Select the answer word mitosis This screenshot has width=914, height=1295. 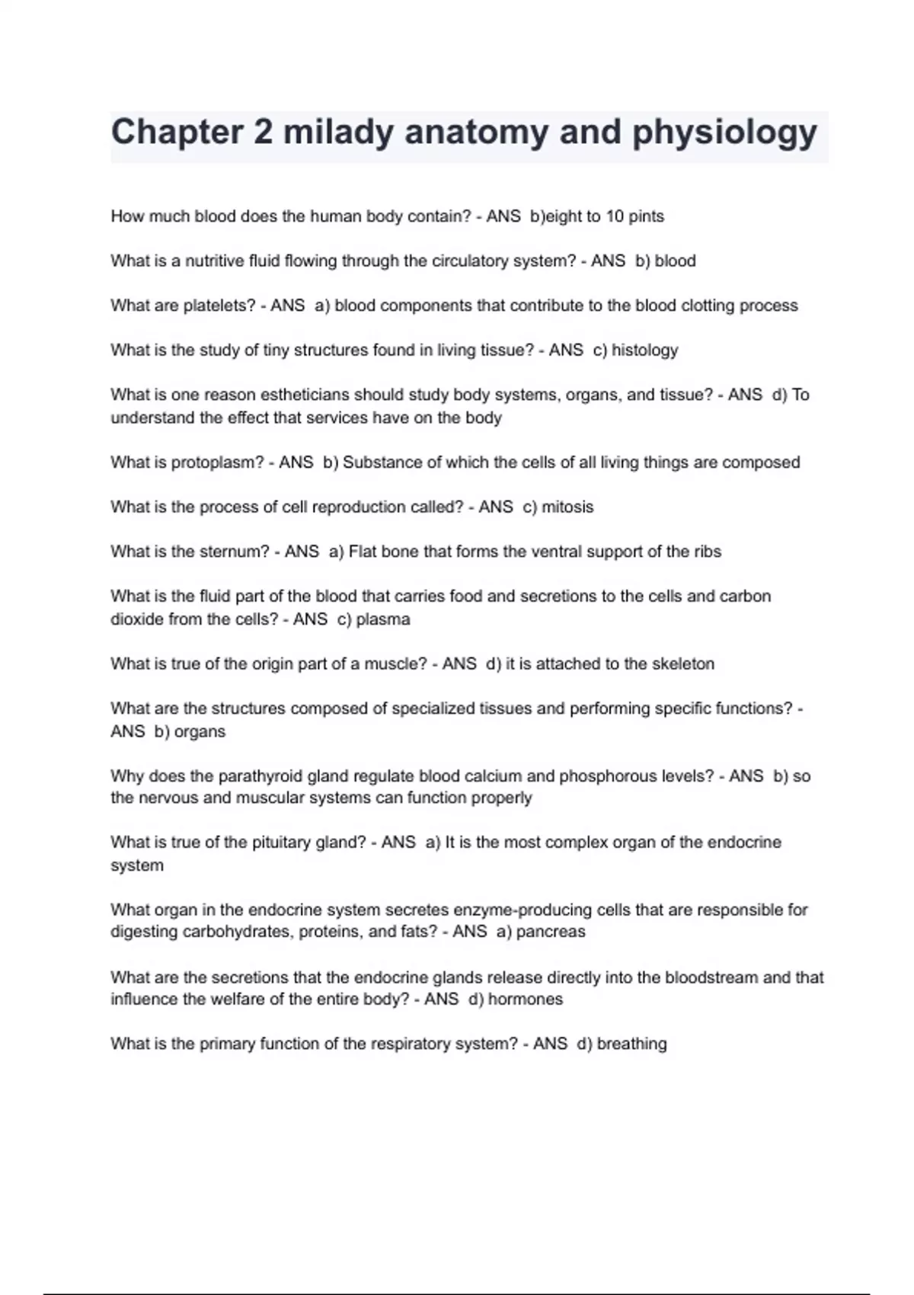(x=567, y=507)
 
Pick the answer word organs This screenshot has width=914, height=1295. (x=200, y=731)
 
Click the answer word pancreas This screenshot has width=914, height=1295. (x=551, y=932)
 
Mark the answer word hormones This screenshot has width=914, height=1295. (x=526, y=999)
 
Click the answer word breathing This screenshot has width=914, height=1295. (x=631, y=1044)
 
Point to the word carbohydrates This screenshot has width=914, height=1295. (x=237, y=932)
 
